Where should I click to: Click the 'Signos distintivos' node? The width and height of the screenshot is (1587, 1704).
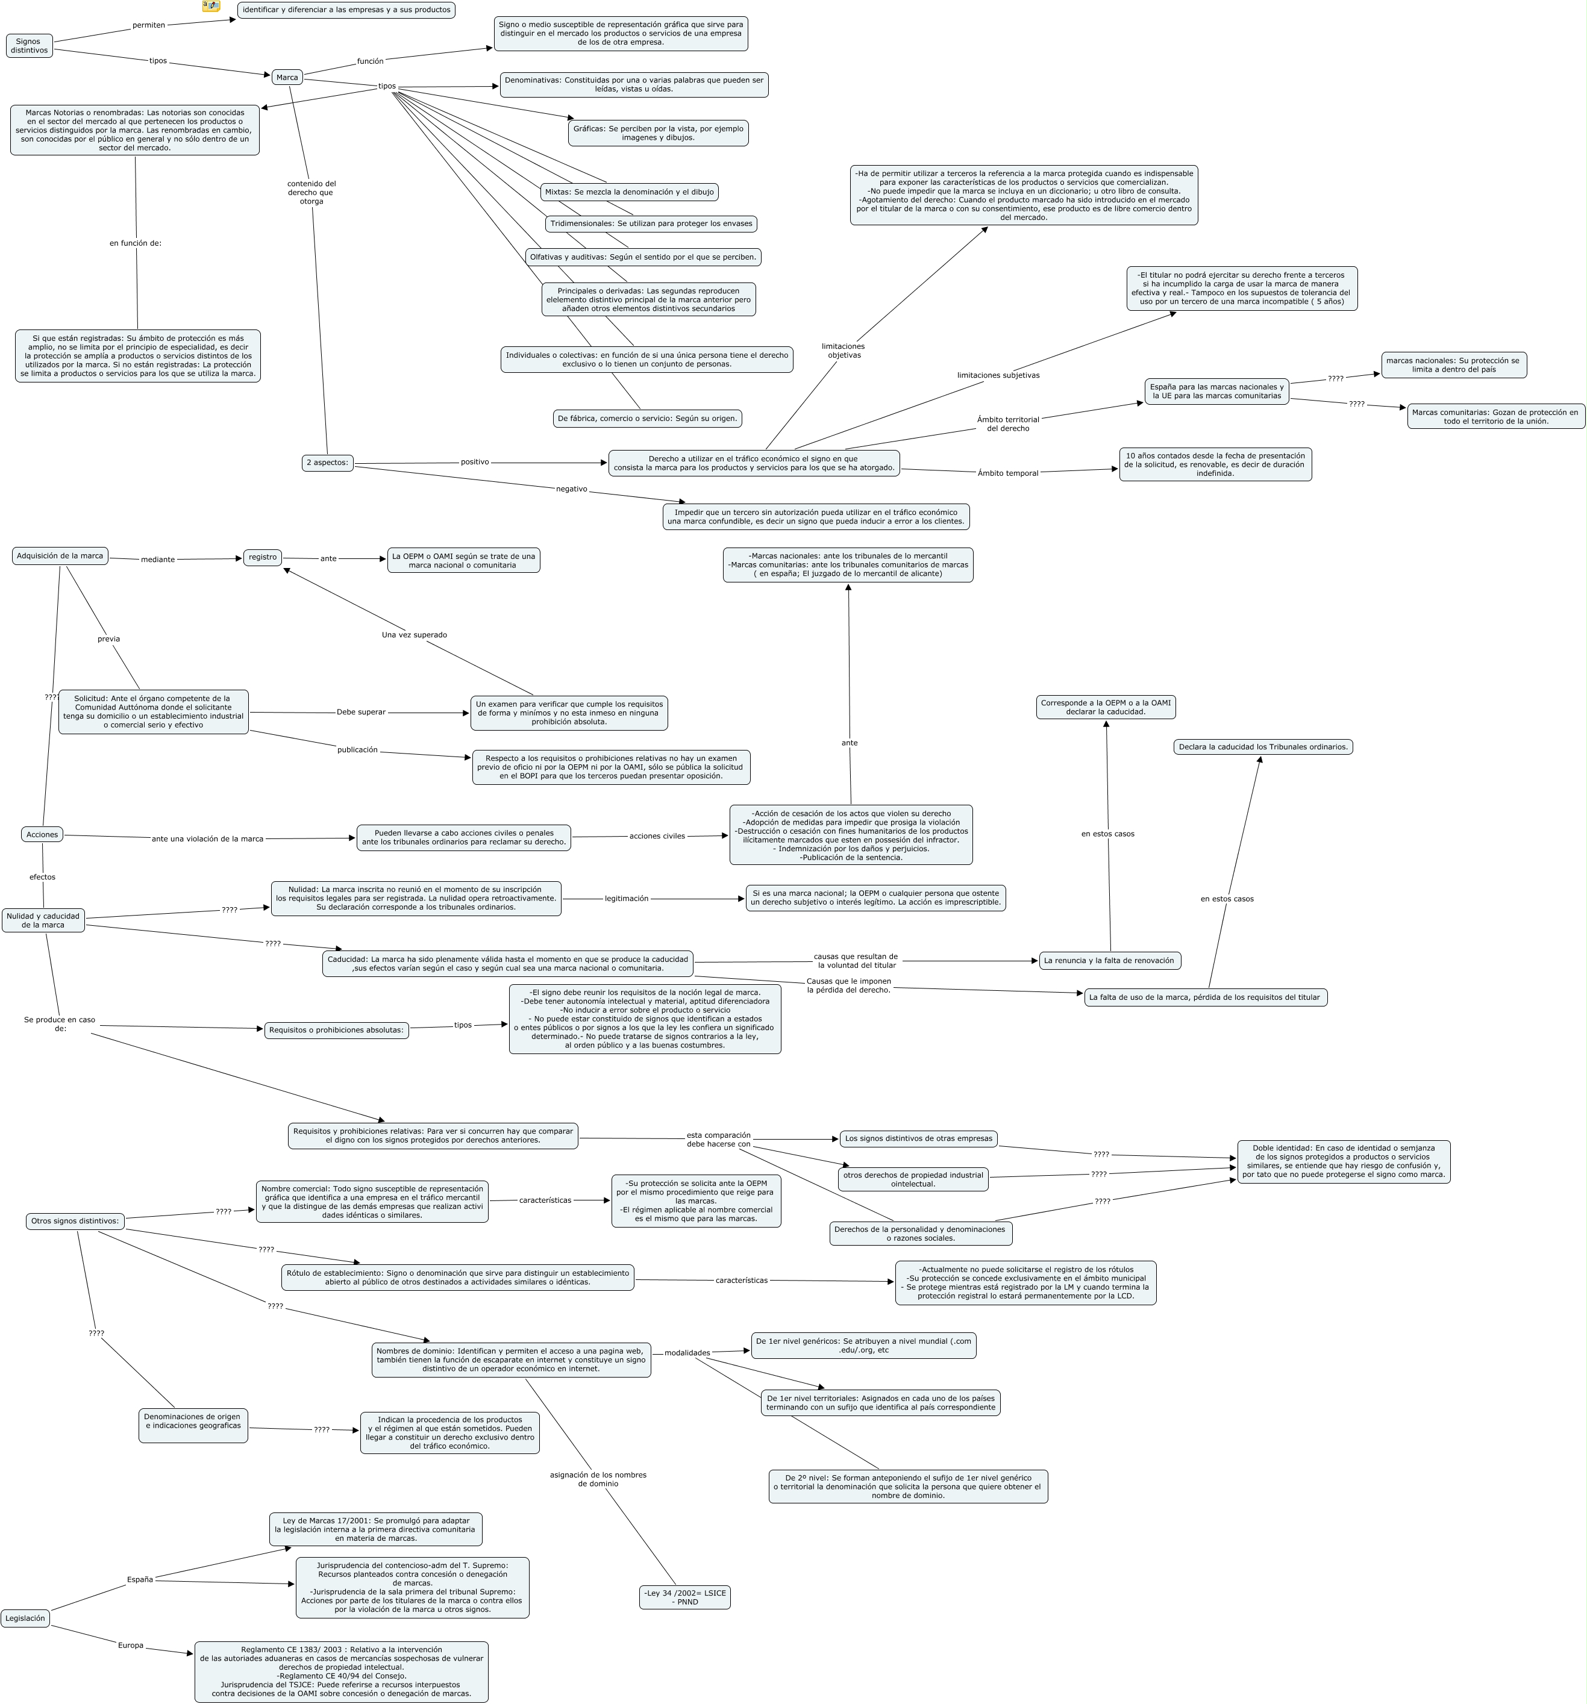[28, 45]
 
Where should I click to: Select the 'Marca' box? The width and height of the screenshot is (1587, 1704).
[287, 77]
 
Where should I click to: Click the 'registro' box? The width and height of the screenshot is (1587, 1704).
[262, 557]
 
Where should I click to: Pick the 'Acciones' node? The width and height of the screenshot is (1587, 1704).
[42, 834]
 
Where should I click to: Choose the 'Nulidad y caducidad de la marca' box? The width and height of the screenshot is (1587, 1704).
[43, 920]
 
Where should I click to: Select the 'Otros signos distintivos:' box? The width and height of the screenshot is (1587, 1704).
[75, 1220]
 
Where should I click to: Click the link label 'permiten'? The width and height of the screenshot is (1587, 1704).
[148, 25]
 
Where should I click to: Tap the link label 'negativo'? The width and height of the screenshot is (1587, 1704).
[572, 488]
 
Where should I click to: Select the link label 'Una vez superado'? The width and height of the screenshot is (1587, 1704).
[414, 634]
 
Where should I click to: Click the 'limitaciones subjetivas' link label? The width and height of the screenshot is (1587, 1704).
[998, 375]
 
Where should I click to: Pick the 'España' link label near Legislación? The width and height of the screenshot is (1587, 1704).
[140, 1579]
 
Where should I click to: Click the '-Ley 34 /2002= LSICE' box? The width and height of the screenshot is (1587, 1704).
[684, 1597]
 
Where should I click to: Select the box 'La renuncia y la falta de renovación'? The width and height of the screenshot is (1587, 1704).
[1109, 960]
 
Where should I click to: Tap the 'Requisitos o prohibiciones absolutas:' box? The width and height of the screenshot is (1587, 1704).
[336, 1029]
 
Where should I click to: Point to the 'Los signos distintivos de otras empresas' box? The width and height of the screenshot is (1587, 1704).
[918, 1138]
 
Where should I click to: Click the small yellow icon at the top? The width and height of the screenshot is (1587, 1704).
[211, 6]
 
